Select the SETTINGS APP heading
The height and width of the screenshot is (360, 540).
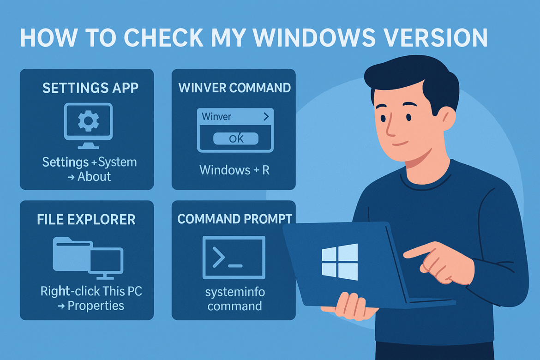[90, 88]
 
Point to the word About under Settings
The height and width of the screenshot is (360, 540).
[94, 176]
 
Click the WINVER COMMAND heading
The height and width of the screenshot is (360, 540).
[234, 88]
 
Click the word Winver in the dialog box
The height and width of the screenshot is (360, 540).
[216, 117]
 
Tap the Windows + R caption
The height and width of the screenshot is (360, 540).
[234, 170]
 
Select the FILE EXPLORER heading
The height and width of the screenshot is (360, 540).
[86, 219]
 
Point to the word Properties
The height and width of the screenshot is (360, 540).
[96, 305]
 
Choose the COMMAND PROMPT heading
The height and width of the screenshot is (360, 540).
[234, 219]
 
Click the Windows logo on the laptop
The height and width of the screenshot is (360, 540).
[340, 262]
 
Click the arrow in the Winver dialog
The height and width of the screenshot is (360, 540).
[266, 117]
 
